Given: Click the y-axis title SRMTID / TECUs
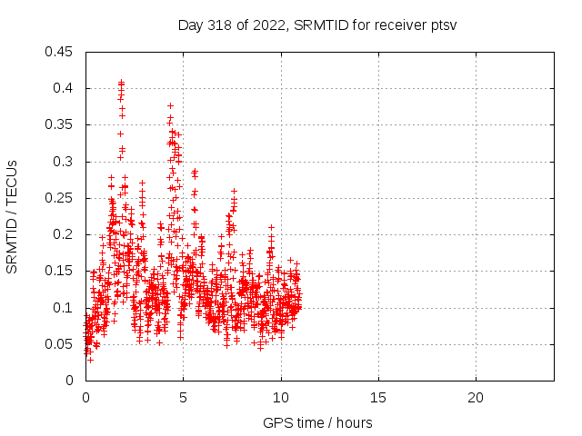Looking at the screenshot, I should pyautogui.click(x=12, y=215).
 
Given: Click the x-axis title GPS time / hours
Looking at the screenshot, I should pyautogui.click(x=317, y=422).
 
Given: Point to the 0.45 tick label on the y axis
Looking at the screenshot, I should pyautogui.click(x=61, y=52).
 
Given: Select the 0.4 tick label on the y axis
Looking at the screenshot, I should pyautogui.click(x=65, y=88).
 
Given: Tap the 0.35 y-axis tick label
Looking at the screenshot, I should pyautogui.click(x=61, y=124).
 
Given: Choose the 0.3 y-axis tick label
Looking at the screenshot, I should pyautogui.click(x=65, y=162).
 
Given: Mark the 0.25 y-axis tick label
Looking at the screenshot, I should pyautogui.click(x=61, y=198).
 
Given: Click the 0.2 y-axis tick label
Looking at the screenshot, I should pyautogui.click(x=65, y=234).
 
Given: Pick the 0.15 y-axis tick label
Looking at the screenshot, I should pyautogui.click(x=61, y=271).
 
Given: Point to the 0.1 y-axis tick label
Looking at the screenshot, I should pyautogui.click(x=65, y=307).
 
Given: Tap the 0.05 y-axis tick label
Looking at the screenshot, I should pyautogui.click(x=61, y=343).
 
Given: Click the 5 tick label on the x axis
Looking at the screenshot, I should pyautogui.click(x=183, y=397).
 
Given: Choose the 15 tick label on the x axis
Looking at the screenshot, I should pyautogui.click(x=377, y=397).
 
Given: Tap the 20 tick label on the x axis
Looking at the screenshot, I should pyautogui.click(x=475, y=397).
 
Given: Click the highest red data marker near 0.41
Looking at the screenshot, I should pyautogui.click(x=121, y=83).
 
